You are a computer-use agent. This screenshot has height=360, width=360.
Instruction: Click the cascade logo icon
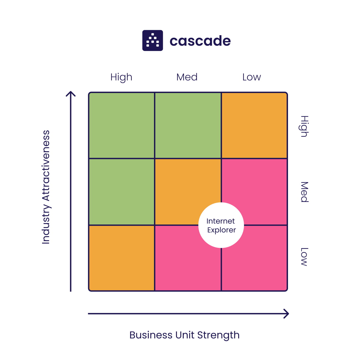coord(153,40)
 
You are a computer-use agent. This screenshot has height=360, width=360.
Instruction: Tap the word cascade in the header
coord(200,41)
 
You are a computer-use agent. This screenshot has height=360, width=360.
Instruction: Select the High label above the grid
coord(121,77)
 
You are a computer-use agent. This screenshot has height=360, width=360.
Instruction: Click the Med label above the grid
coord(187,77)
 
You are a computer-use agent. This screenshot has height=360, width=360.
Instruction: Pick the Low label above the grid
coord(251,77)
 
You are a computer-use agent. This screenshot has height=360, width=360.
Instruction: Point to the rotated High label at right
coord(304,126)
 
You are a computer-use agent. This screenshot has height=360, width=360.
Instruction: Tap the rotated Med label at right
coord(304,192)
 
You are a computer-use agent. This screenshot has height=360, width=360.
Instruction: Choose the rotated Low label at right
coord(304,257)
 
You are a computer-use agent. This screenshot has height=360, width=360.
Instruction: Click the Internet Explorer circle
coord(221,225)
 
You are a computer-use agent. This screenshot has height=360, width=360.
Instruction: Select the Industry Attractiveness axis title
coord(46,187)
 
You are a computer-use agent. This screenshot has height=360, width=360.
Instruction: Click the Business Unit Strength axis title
coord(184,335)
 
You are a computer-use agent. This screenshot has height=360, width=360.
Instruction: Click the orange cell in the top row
coord(254,125)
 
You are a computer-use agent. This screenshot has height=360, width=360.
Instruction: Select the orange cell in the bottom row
coord(122,258)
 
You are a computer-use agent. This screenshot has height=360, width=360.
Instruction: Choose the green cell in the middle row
coord(122,192)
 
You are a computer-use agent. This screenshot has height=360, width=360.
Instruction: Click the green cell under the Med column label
coord(188,125)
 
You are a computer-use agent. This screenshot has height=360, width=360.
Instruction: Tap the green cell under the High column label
coord(122,125)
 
